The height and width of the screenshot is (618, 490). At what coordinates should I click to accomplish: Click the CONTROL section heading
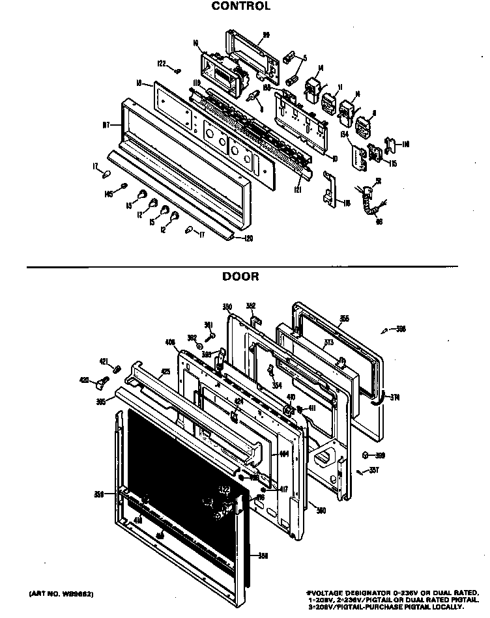pyautogui.click(x=240, y=7)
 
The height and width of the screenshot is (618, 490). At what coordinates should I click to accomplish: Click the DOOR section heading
pyautogui.click(x=240, y=277)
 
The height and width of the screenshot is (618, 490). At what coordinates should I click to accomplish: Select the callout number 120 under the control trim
pyautogui.click(x=248, y=238)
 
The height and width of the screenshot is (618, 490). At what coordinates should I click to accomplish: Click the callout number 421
pyautogui.click(x=104, y=361)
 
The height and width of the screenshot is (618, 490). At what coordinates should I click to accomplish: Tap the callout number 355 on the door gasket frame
pyautogui.click(x=344, y=319)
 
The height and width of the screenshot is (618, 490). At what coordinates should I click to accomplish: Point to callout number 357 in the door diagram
pyautogui.click(x=373, y=470)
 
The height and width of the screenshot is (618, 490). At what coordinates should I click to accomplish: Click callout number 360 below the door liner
pyautogui.click(x=321, y=509)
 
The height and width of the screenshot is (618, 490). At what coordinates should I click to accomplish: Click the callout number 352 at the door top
pyautogui.click(x=251, y=305)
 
